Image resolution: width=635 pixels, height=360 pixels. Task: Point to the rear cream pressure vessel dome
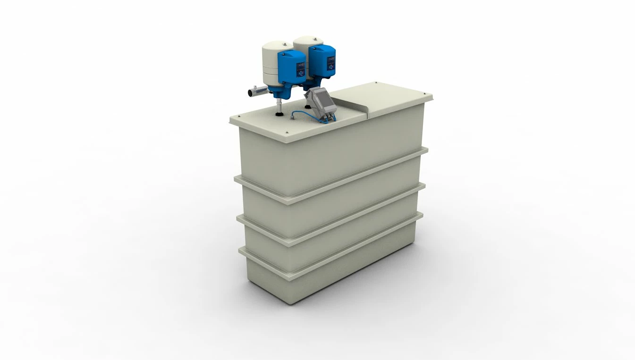tap(307, 40)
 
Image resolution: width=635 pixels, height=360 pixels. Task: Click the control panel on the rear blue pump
tap(330, 58)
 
